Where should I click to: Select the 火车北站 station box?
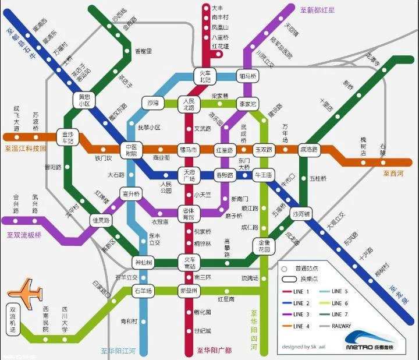click(x=205, y=76)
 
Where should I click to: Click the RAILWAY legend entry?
click(x=349, y=326)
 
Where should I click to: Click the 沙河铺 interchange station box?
click(x=301, y=214)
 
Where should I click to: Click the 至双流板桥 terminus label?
click(x=24, y=235)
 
